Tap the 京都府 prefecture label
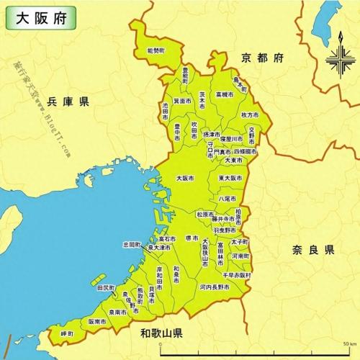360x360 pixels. (264, 58)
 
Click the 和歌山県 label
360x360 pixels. (162, 333)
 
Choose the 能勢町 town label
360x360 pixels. (155, 51)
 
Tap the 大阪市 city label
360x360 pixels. (185, 177)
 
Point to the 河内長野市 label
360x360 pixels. (215, 287)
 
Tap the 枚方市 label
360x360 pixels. (250, 115)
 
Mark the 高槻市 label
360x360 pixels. (225, 94)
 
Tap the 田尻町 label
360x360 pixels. (105, 288)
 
